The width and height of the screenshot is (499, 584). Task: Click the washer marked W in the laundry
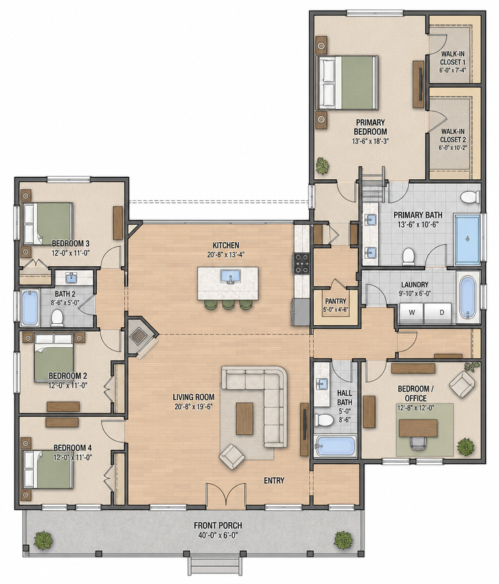[411, 312]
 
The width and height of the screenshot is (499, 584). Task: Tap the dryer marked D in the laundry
[439, 312]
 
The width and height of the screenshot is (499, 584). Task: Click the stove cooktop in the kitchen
[302, 263]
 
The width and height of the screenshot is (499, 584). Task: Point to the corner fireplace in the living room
[141, 337]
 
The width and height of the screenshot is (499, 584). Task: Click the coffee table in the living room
[245, 418]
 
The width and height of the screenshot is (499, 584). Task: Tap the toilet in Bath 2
[57, 318]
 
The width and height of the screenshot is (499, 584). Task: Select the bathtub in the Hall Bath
[335, 446]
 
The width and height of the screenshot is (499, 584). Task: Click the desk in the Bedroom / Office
[418, 428]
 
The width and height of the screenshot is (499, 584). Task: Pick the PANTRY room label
[336, 301]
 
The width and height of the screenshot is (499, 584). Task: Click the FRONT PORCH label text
[218, 526]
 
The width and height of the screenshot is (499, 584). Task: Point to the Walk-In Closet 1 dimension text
[453, 70]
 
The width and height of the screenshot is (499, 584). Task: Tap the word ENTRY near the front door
[274, 480]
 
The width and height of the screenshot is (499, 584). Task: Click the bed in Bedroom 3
[48, 224]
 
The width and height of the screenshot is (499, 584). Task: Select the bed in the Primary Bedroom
[347, 83]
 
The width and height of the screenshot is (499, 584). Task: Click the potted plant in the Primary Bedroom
[322, 165]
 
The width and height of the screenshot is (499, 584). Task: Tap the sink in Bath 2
[71, 278]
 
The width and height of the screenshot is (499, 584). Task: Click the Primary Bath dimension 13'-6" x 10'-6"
[418, 224]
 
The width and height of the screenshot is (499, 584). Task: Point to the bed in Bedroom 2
[54, 358]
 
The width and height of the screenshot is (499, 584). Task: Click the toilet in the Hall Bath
[323, 419]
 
